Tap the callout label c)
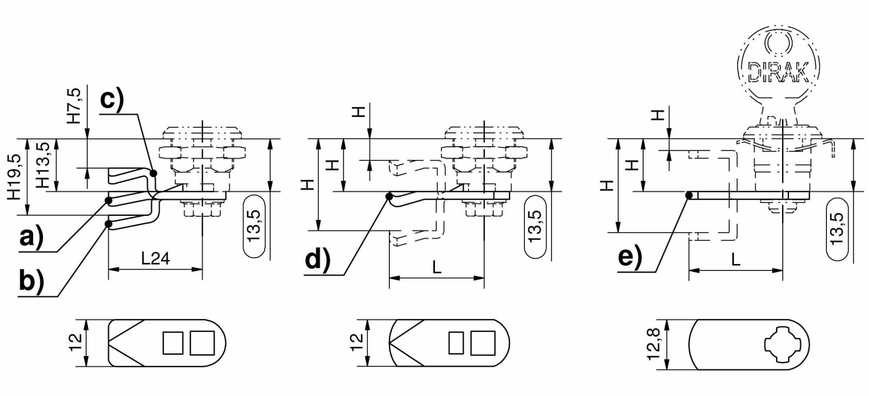coord(112,99)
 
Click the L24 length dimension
coord(155,259)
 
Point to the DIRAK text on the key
coord(778,72)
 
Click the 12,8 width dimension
coord(653,344)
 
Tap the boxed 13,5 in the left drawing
coord(254,226)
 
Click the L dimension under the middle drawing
coord(437,267)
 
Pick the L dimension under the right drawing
coord(735,260)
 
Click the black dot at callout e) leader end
coord(689,195)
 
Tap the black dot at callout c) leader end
coord(153,173)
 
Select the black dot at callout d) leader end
coord(389,197)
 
